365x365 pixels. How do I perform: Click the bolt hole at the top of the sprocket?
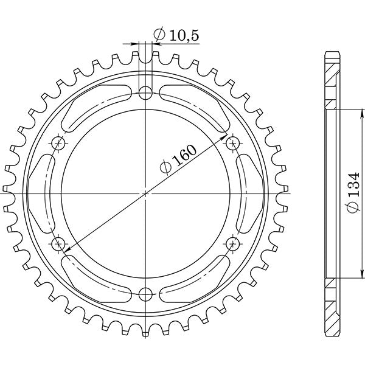pyautogui.click(x=145, y=93)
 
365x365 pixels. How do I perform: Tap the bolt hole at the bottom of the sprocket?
pyautogui.click(x=145, y=294)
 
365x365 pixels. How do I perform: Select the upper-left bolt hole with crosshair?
pyautogui.click(x=58, y=144)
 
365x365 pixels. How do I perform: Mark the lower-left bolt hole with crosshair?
pyautogui.click(x=58, y=244)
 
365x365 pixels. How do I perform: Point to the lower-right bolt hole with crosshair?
pyautogui.click(x=232, y=244)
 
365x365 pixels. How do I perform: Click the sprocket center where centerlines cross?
pyautogui.click(x=145, y=193)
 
